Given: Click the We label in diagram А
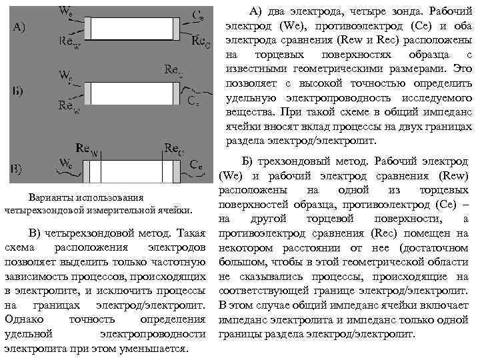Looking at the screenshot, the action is (x=67, y=11).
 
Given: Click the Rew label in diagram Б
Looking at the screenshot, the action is (x=69, y=105).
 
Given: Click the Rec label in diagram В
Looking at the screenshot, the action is (x=174, y=148).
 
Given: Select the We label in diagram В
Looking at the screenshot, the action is (x=67, y=163).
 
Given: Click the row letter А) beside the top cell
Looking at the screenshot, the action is (x=21, y=27).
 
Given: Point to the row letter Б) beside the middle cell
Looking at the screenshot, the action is (x=19, y=92).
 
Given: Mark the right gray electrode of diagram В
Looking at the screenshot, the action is (x=176, y=171).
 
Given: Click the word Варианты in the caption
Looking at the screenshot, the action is (x=53, y=198).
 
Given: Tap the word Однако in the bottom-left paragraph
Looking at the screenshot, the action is (x=27, y=319).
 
